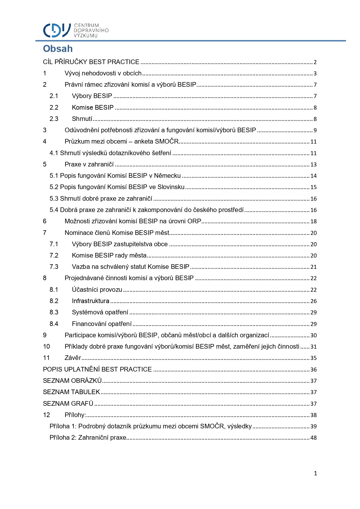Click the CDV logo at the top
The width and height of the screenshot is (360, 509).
(x=57, y=30)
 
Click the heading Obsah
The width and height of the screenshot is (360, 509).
(x=58, y=49)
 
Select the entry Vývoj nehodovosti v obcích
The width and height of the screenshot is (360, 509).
(x=103, y=73)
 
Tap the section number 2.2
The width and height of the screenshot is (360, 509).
(x=54, y=108)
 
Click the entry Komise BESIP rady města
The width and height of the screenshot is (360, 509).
(x=109, y=256)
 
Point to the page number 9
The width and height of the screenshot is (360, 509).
(x=315, y=131)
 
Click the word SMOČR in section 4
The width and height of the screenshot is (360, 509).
(x=167, y=142)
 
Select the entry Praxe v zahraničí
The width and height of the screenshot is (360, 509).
(x=89, y=164)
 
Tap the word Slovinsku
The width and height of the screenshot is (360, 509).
(x=171, y=187)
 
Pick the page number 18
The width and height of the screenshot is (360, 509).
(x=314, y=222)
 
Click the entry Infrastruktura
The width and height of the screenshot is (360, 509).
(x=91, y=301)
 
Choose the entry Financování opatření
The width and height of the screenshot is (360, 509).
(x=102, y=324)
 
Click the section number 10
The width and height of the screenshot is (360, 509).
(x=46, y=347)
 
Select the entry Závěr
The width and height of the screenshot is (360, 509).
(x=73, y=358)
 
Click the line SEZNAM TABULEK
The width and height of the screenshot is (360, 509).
(x=71, y=392)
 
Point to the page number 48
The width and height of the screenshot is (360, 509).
(x=314, y=438)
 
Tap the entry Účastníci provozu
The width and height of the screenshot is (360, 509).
(x=97, y=290)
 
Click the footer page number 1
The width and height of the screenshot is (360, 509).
(x=315, y=474)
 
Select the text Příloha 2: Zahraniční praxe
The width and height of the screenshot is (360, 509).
(x=88, y=438)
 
